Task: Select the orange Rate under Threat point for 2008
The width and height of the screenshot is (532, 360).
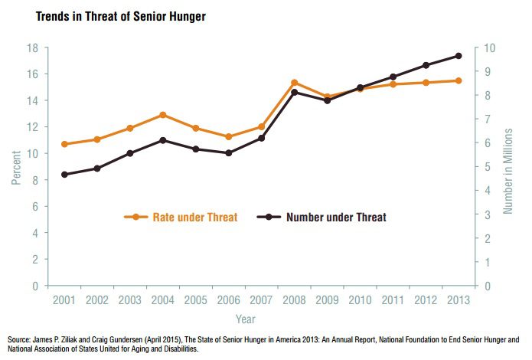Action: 294,83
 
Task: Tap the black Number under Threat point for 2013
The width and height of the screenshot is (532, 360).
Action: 458,56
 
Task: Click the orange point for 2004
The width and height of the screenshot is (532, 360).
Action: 162,115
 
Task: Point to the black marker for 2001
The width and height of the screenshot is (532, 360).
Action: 64,175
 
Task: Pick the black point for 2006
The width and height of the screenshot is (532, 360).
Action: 228,153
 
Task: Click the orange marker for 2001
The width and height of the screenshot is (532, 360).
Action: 64,144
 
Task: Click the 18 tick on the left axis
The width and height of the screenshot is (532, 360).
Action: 33,48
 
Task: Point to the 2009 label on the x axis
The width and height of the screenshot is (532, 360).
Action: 327,301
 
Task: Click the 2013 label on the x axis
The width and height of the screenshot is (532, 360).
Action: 458,301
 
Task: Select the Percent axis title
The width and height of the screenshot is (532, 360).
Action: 15,167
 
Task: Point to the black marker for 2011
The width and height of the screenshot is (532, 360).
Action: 392,77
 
